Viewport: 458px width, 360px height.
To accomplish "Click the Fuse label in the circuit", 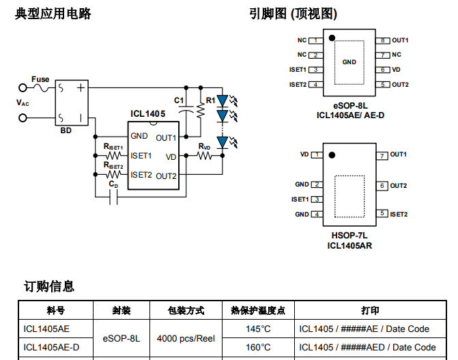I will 40,79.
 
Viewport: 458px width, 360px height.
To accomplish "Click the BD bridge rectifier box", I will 72,102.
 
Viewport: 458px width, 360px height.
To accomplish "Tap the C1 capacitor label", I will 179,100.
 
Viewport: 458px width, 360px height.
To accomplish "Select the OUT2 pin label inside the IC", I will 167,176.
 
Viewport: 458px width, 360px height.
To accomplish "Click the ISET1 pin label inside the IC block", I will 141,156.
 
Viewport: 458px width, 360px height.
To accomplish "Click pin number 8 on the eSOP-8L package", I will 384,40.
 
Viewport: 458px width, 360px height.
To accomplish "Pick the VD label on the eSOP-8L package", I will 397,70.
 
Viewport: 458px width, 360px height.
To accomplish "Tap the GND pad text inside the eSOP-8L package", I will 349,62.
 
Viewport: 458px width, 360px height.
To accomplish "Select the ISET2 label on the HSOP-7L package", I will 399,214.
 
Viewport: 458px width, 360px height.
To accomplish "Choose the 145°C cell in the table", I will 259,329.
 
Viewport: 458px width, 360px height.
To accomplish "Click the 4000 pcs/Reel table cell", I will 186,338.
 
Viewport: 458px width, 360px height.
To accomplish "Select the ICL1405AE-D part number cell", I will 51,347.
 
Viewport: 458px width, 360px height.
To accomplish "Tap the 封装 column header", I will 121,310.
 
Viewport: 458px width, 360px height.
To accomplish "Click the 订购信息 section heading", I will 49,286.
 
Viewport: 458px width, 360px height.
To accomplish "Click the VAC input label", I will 23,102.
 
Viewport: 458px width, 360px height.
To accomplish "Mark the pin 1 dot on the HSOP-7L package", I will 331,154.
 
